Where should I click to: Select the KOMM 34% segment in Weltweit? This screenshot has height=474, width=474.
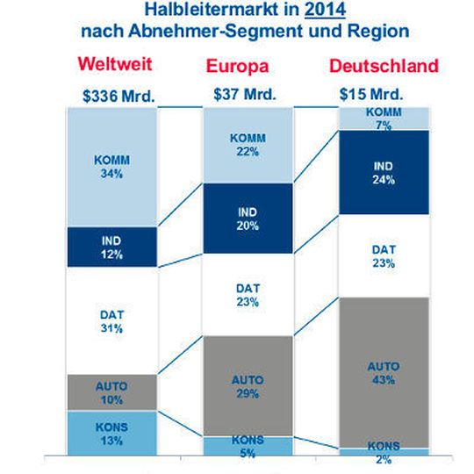click(x=111, y=167)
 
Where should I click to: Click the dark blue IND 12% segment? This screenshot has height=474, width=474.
click(x=111, y=248)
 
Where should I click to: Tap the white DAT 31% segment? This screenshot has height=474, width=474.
click(x=111, y=320)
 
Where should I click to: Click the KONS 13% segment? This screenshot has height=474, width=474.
click(x=111, y=433)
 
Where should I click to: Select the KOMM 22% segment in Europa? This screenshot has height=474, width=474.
click(x=247, y=146)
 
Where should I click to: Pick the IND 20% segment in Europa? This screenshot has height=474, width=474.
click(x=247, y=219)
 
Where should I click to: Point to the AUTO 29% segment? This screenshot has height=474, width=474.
click(x=247, y=385)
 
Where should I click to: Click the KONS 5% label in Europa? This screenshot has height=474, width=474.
click(x=247, y=447)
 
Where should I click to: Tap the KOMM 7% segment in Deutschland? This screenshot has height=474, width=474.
click(x=384, y=118)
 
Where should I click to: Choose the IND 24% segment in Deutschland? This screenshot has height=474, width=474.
click(x=384, y=172)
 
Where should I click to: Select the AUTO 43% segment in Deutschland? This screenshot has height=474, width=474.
click(x=384, y=373)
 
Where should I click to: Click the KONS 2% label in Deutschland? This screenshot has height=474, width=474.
click(x=384, y=453)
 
